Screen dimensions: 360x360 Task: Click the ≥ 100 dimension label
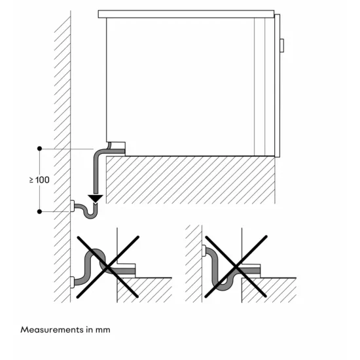39,179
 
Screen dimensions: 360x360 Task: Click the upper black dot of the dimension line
40,149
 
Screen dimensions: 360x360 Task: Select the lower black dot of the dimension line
40,211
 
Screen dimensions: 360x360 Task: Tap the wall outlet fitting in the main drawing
72,206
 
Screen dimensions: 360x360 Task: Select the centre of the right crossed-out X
235,267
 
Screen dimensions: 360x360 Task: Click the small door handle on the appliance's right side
281,45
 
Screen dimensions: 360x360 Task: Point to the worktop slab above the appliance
186,14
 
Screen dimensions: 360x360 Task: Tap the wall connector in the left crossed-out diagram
72,283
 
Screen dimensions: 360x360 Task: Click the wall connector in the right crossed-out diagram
204,249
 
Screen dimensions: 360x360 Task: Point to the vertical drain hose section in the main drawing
96,171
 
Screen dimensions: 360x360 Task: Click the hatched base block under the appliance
190,180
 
